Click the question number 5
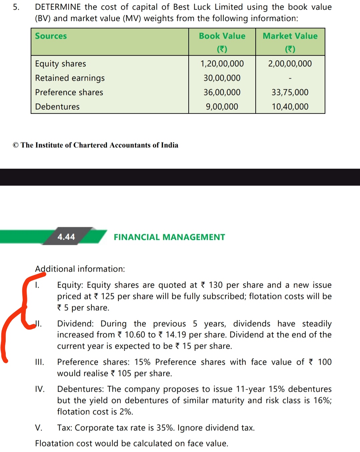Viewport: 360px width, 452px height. [16, 7]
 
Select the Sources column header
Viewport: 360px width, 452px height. [51, 36]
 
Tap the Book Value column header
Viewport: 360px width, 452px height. [222, 36]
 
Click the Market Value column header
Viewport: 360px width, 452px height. [290, 36]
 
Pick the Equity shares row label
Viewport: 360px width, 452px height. [61, 64]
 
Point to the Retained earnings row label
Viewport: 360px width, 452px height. [70, 78]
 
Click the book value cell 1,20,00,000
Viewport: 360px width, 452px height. [222, 64]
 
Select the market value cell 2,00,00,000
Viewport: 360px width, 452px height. [290, 64]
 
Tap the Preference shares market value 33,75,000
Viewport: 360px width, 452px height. [290, 92]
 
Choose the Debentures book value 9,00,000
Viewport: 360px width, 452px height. [222, 107]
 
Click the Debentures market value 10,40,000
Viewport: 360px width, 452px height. [290, 107]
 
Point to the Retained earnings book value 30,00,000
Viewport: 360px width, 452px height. [222, 78]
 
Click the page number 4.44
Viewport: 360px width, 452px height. [66, 237]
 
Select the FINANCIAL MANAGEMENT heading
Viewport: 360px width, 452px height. [169, 237]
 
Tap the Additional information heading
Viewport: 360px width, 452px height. [80, 269]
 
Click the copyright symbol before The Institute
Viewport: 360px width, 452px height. [16, 145]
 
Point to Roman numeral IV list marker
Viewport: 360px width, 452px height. [40, 389]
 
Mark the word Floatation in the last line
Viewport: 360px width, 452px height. [55, 443]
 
